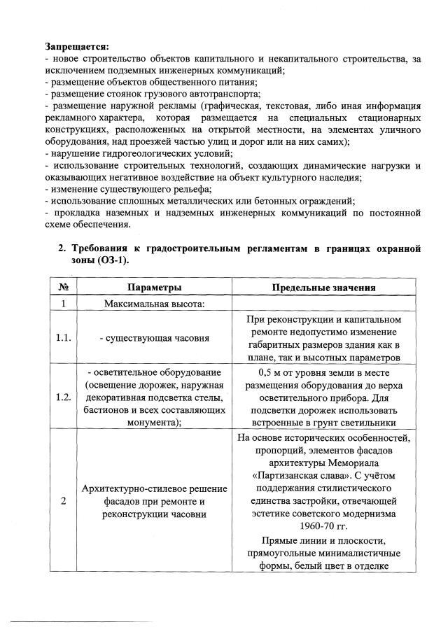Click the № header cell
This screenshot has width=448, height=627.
pyautogui.click(x=63, y=288)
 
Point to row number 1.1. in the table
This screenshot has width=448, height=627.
pyautogui.click(x=63, y=338)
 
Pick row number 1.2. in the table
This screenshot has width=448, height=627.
pyautogui.click(x=63, y=397)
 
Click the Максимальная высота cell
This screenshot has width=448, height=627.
pyautogui.click(x=154, y=304)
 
